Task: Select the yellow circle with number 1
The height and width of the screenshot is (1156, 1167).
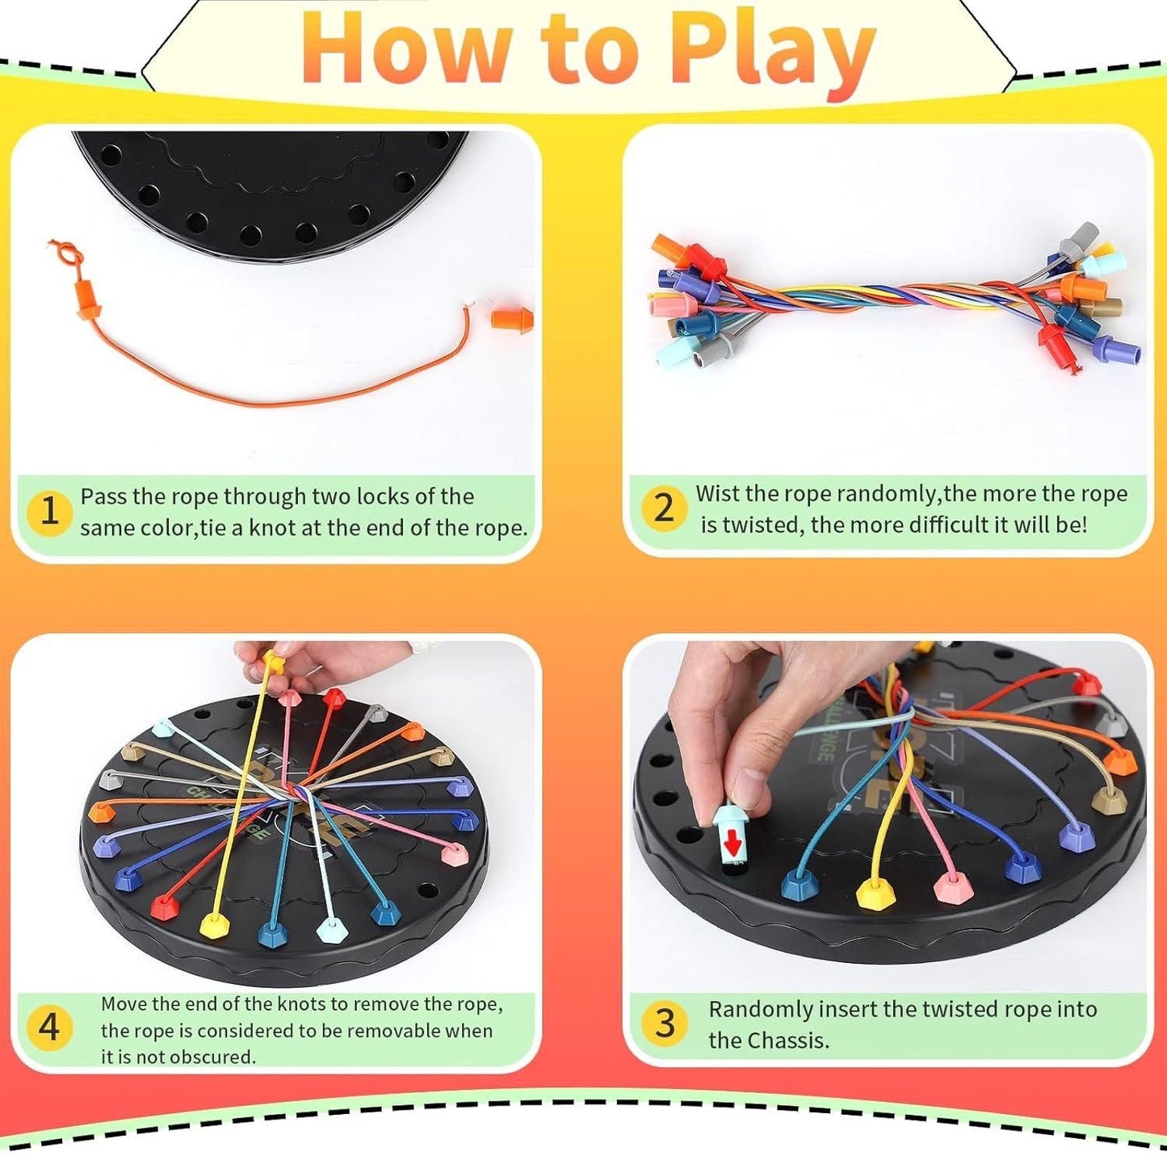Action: click(x=49, y=512)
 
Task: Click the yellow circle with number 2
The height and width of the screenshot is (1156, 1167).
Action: click(x=663, y=508)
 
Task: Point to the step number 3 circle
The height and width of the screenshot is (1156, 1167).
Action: click(x=664, y=1024)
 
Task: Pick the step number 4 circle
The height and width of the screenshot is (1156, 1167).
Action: click(x=49, y=1028)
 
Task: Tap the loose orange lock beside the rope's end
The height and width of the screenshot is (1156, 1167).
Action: click(x=512, y=318)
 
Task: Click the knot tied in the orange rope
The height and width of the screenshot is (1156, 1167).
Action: click(x=68, y=257)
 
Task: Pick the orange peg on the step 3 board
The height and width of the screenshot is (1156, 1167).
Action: click(x=1119, y=760)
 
